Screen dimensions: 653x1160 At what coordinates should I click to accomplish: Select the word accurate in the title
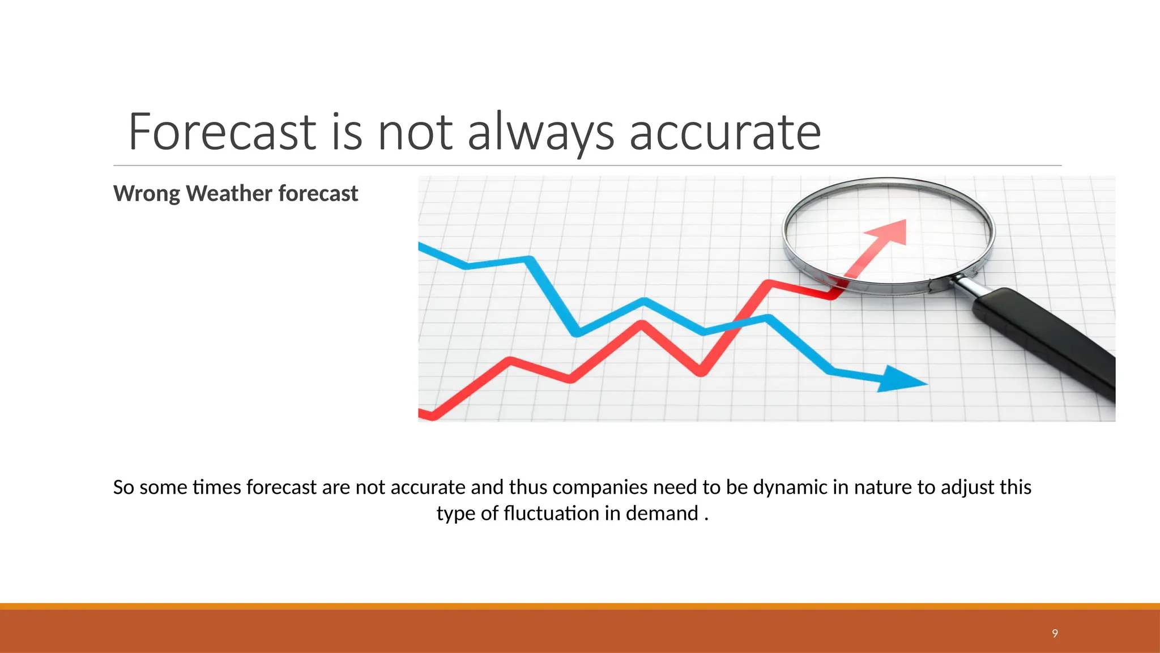[x=725, y=132]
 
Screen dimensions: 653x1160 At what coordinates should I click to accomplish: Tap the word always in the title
[x=540, y=132]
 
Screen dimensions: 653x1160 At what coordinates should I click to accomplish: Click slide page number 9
[x=1055, y=633]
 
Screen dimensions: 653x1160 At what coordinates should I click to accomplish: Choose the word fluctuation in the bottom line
[x=551, y=514]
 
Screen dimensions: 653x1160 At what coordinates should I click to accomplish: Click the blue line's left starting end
[x=422, y=245]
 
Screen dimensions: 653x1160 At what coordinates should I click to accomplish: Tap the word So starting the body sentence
[x=123, y=487]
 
